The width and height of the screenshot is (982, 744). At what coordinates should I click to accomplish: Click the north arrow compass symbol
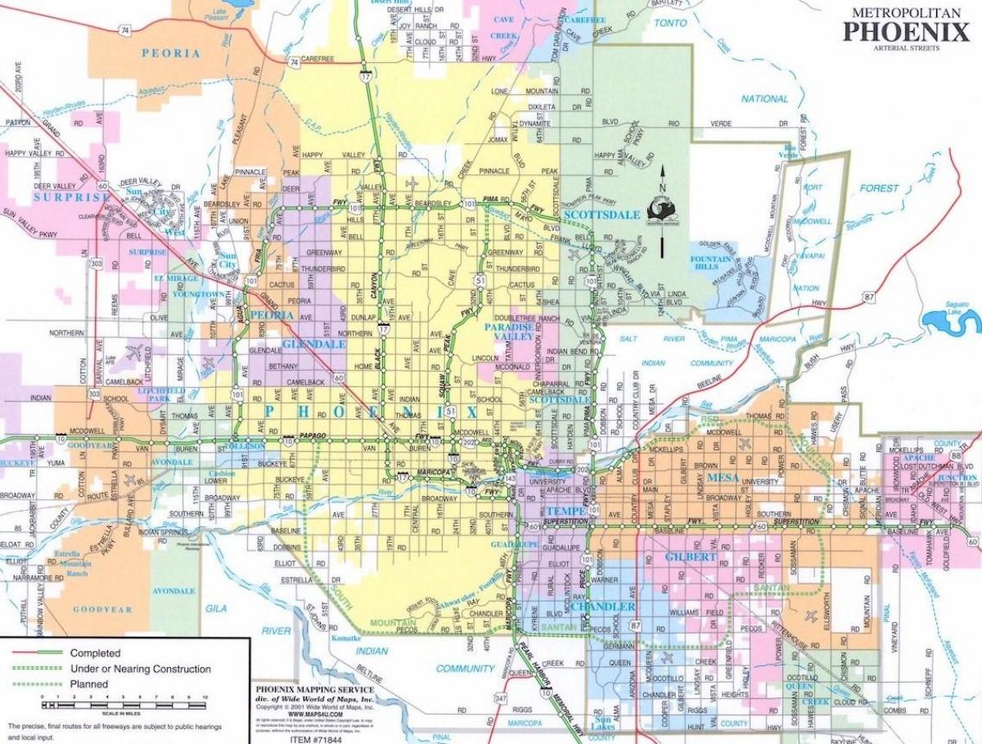tap(663, 210)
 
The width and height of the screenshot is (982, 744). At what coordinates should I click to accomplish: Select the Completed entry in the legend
tap(95, 653)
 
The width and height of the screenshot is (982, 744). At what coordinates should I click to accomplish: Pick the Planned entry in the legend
tap(89, 684)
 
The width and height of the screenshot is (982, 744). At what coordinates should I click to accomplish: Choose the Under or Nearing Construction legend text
tap(140, 669)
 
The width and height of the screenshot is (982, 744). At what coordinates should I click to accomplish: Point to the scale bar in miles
tap(124, 704)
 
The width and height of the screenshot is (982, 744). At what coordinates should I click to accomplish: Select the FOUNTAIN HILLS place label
tap(710, 263)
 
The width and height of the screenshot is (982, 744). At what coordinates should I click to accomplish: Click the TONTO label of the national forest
tap(671, 23)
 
